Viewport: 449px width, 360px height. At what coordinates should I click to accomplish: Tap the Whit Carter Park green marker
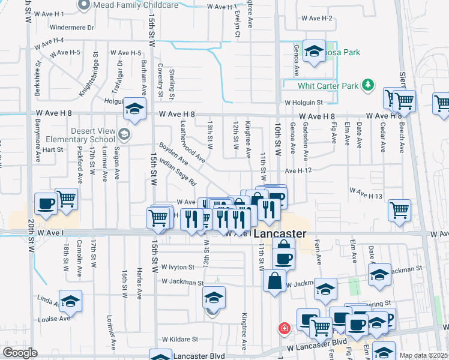coord(369,86)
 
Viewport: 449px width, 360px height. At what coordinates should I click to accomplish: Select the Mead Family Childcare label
coord(136,5)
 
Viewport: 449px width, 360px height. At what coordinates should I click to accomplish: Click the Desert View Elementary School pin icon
coord(124,133)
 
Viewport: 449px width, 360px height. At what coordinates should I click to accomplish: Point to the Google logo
coord(20,353)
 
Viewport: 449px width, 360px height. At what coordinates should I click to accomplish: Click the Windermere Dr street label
coord(73,28)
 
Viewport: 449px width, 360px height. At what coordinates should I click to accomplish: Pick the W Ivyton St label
coord(178,266)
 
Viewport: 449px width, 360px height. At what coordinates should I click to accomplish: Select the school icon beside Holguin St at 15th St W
coord(134,109)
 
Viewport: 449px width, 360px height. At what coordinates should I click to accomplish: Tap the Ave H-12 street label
coord(299,171)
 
